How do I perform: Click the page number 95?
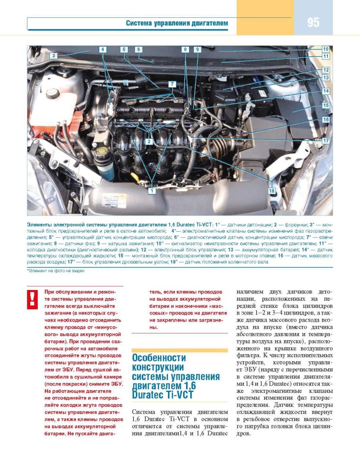[313, 22]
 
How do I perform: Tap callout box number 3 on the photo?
[53, 56]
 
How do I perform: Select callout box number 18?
[271, 191]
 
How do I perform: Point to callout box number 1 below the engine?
[151, 191]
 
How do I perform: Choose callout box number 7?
[172, 84]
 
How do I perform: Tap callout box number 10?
[326, 49]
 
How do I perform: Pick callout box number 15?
[326, 106]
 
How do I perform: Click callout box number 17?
[326, 141]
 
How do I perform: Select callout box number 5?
[124, 49]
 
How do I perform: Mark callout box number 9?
[196, 49]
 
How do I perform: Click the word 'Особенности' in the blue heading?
[159, 358]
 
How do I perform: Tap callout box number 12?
[326, 70]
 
